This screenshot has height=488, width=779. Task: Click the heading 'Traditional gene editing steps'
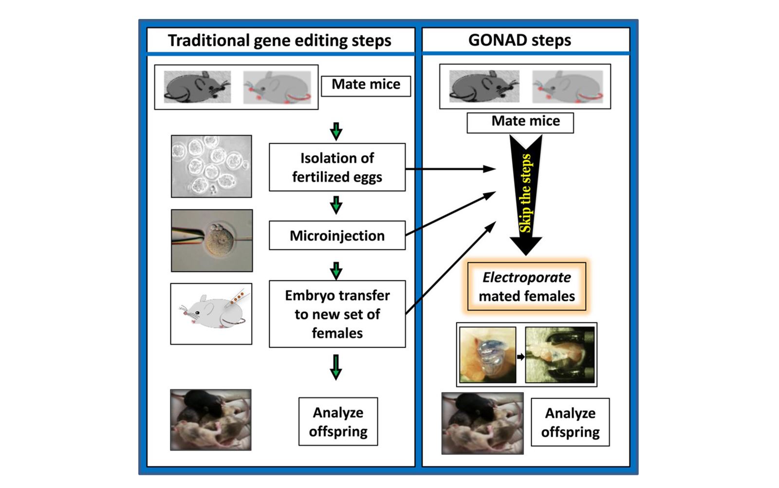(279, 40)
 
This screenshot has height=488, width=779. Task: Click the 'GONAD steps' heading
(519, 40)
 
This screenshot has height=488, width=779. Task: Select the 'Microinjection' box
(337, 236)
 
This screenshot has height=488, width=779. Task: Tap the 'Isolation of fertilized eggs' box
(337, 167)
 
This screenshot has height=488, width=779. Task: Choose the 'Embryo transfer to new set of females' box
(337, 314)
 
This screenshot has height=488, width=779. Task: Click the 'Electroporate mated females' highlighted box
(527, 286)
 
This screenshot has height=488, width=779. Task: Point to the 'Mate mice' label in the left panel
(366, 85)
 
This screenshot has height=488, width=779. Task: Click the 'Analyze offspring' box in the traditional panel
(338, 422)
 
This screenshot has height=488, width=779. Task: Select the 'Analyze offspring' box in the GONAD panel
(570, 422)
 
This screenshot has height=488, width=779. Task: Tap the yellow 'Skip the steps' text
(525, 194)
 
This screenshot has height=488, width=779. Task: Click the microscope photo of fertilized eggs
(211, 166)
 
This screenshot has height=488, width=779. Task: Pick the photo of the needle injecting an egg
(212, 241)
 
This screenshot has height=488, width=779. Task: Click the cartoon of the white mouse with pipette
(211, 314)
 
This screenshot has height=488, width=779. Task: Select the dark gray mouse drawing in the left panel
(197, 87)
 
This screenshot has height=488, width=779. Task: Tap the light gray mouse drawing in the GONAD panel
(567, 87)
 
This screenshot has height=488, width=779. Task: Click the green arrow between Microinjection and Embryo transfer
(336, 270)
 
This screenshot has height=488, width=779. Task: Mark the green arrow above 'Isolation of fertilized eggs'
(336, 131)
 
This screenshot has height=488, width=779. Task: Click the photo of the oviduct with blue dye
(487, 355)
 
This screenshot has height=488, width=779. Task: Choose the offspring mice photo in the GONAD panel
(482, 423)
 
